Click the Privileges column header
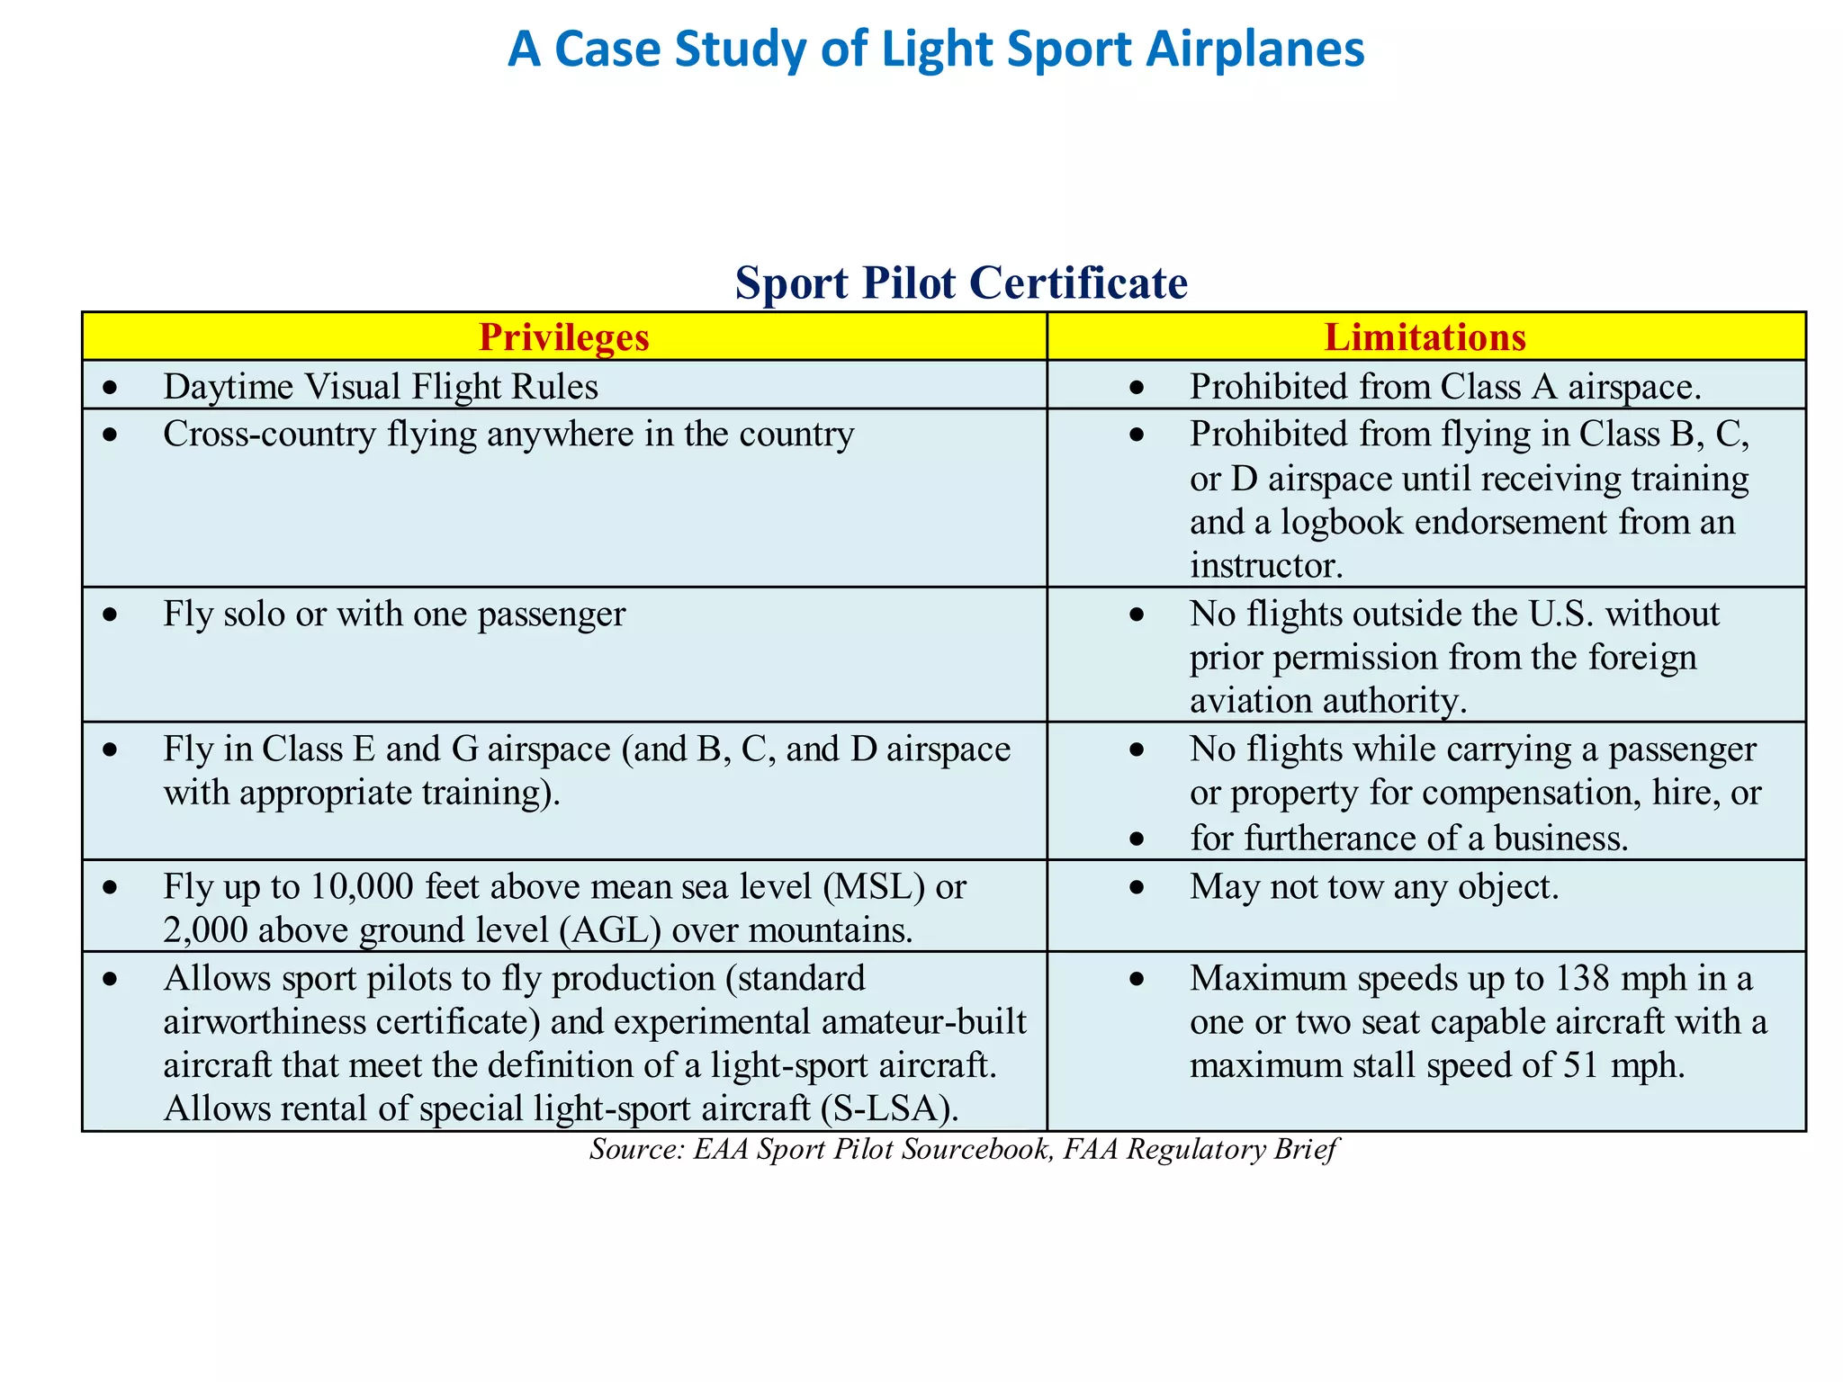tap(563, 337)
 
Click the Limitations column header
tap(1425, 337)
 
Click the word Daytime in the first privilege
tap(229, 387)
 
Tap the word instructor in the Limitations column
tap(1265, 565)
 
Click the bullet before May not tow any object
tap(1137, 887)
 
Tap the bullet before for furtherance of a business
tap(1137, 839)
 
